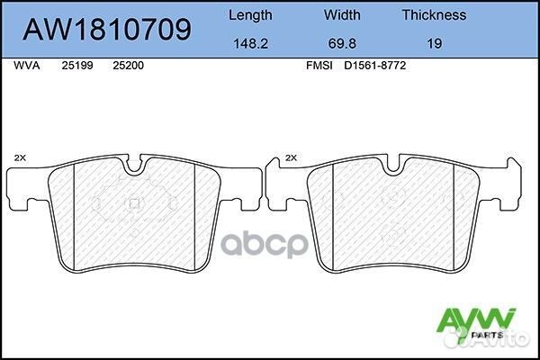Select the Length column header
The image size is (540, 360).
(249, 14)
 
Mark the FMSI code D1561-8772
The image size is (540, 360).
(373, 66)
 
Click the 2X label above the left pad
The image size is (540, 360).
(20, 157)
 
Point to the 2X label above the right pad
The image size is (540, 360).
(290, 157)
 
